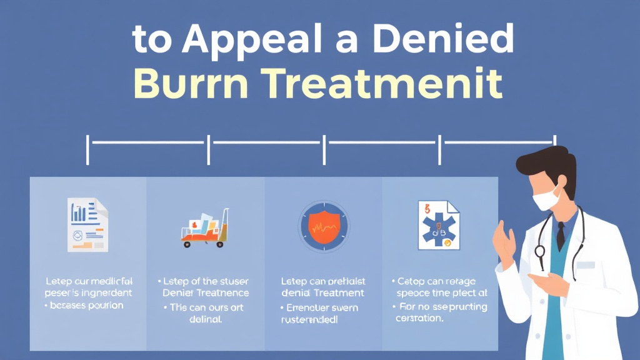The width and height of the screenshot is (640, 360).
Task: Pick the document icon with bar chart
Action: point(87,225)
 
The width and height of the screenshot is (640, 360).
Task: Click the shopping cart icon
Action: point(204,229)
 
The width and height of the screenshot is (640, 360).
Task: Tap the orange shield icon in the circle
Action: point(323,226)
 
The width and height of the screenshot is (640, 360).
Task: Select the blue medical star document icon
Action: point(438,226)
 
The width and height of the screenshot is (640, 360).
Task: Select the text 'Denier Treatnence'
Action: point(206,292)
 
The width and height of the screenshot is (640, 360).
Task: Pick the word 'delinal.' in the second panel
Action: point(206,320)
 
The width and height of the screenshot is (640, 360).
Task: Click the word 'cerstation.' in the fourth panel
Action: point(419,318)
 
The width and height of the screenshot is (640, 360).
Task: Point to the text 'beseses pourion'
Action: point(87,306)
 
